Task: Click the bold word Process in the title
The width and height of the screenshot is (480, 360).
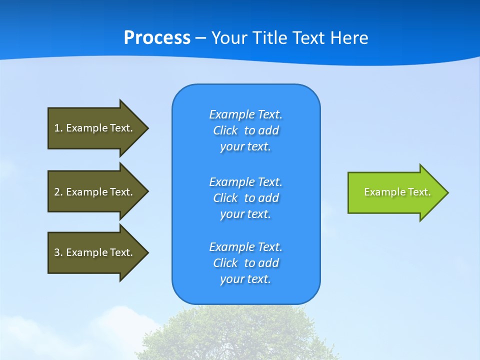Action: pyautogui.click(x=157, y=38)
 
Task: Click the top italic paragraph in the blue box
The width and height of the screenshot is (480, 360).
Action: pyautogui.click(x=246, y=130)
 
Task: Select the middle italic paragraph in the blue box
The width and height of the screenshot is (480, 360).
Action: pyautogui.click(x=246, y=198)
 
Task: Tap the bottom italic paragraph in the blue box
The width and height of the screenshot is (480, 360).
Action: pyautogui.click(x=246, y=263)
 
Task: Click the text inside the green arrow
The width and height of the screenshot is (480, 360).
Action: pyautogui.click(x=397, y=192)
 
